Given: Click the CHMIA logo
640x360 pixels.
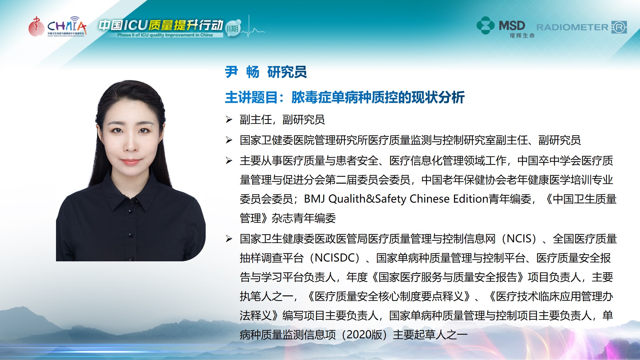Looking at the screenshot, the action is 57,26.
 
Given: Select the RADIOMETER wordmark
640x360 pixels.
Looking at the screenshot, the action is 572,27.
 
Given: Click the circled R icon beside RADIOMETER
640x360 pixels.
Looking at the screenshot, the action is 619,27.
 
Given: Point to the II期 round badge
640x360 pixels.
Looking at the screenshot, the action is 232,29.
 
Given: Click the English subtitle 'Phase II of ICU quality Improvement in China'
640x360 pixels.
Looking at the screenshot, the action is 165,35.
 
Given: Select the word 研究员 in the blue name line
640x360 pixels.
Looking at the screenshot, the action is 287,72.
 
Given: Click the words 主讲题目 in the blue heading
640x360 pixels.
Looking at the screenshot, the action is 251,97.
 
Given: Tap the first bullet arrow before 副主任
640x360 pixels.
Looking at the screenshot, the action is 229,119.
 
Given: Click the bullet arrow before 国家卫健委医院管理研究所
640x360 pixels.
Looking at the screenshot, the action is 229,140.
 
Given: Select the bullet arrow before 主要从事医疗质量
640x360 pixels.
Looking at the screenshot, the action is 229,161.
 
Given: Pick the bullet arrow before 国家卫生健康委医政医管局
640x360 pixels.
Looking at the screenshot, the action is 229,239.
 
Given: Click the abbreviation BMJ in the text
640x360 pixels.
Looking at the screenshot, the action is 314,199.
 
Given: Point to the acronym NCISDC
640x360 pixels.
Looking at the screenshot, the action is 337,258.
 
